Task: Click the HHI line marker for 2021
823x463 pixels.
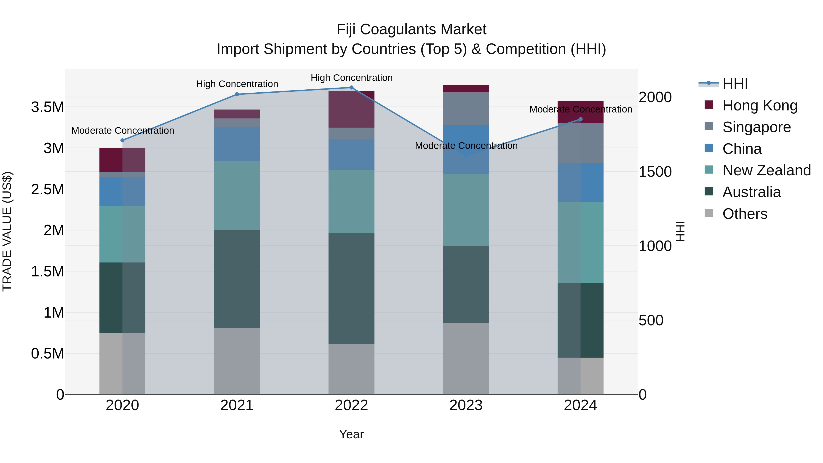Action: tap(237, 94)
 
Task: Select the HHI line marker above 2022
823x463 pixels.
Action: tap(351, 88)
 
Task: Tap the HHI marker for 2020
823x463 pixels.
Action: tap(122, 140)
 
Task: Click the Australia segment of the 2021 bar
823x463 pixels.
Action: tap(237, 279)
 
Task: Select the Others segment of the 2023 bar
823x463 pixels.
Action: tap(466, 359)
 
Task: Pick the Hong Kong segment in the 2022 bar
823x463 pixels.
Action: tap(351, 109)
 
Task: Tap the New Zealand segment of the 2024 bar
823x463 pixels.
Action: tap(580, 243)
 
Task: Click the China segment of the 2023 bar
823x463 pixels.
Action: tap(466, 150)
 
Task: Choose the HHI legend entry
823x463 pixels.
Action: tap(735, 84)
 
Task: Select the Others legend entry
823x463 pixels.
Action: tap(744, 214)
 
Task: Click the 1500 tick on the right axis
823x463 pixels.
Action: tap(655, 172)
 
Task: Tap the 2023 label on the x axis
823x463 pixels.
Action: tap(466, 405)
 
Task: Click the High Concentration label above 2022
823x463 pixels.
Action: tap(351, 78)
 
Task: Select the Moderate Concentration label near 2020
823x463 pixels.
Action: tap(123, 131)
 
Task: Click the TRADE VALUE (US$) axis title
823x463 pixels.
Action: tap(7, 231)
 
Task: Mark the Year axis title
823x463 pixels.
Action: tap(351, 434)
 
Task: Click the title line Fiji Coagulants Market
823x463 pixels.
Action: tap(411, 29)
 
